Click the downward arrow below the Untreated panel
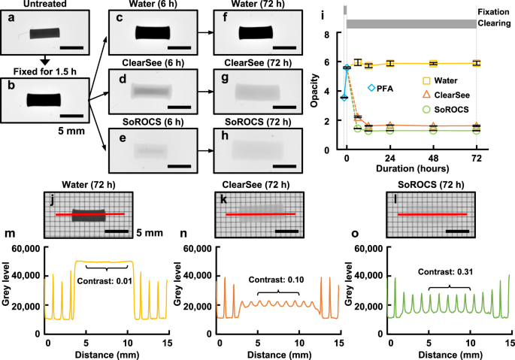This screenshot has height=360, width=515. [44, 60]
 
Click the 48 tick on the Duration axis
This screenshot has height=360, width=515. [432, 159]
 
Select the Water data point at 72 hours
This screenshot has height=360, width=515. [476, 63]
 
